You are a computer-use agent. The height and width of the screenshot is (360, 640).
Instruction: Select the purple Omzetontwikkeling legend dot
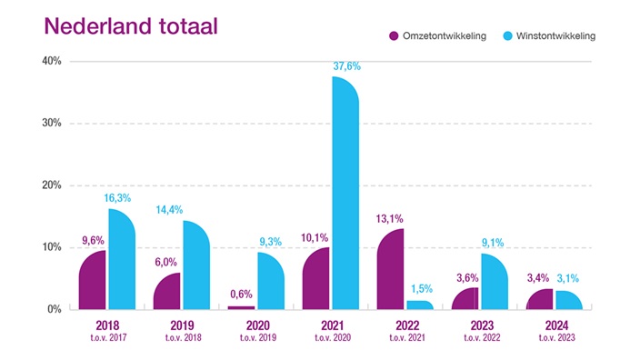pyautogui.click(x=395, y=35)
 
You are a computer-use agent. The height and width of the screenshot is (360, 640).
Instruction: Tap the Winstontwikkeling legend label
pyautogui.click(x=556, y=35)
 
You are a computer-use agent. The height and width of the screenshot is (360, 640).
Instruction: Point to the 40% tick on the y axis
pyautogui.click(x=50, y=61)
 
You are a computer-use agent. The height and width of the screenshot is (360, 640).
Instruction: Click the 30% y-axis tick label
pyautogui.click(x=50, y=123)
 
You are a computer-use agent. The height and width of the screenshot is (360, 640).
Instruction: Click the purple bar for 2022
pyautogui.click(x=389, y=269)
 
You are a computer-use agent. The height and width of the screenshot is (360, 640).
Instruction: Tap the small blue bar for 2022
pyautogui.click(x=419, y=305)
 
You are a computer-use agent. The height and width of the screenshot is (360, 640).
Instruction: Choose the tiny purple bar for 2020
pyautogui.click(x=241, y=307)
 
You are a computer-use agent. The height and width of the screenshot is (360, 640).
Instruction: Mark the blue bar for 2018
pyautogui.click(x=121, y=259)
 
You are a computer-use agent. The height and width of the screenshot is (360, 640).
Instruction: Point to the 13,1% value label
pyautogui.click(x=389, y=217)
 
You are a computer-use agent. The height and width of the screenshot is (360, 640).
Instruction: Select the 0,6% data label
pyautogui.click(x=239, y=294)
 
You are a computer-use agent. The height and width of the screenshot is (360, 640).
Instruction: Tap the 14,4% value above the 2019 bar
pyautogui.click(x=195, y=208)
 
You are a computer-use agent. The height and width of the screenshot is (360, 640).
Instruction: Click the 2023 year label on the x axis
pyautogui.click(x=479, y=324)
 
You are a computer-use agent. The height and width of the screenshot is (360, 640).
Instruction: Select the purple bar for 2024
pyautogui.click(x=538, y=299)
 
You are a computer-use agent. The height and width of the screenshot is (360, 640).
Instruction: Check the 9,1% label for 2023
pyautogui.click(x=493, y=242)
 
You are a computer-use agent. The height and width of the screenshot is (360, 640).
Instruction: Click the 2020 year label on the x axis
pyautogui.click(x=255, y=324)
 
